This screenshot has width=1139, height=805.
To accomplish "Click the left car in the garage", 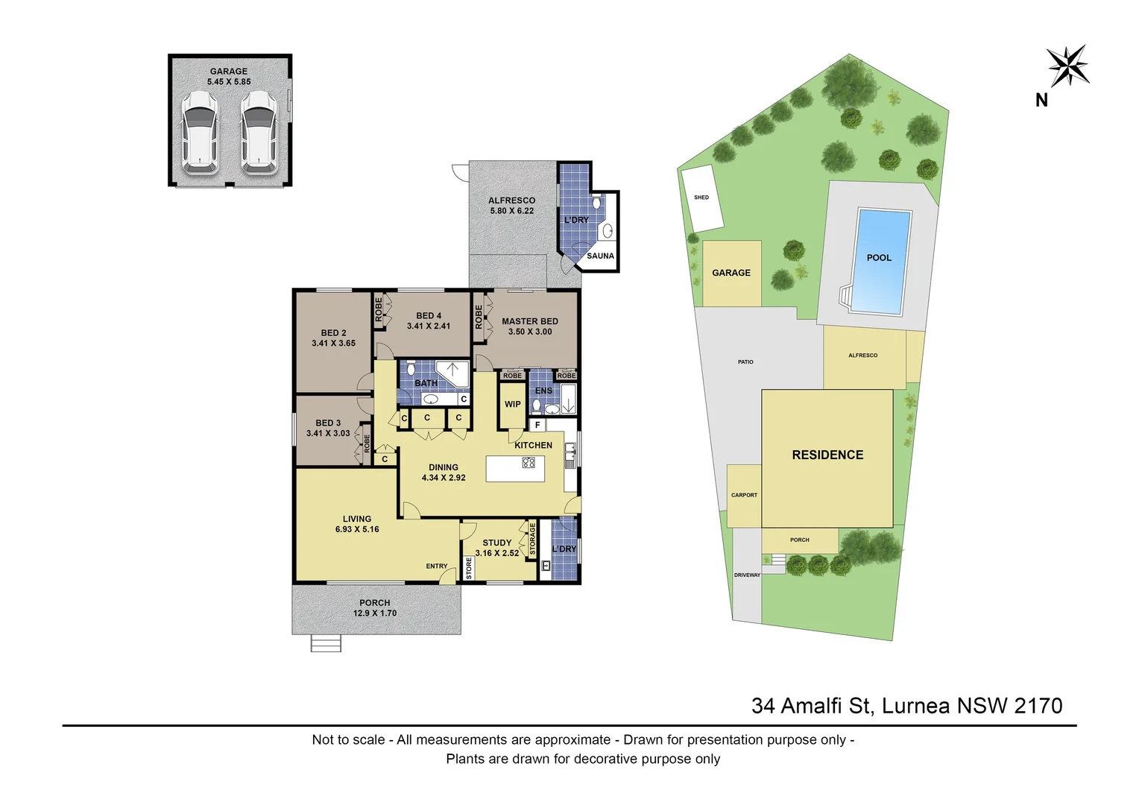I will click(201, 133).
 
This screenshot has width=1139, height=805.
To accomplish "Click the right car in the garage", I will click(258, 133).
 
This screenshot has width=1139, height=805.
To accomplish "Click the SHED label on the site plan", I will click(701, 198).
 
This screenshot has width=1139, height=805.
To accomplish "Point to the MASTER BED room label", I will click(529, 321).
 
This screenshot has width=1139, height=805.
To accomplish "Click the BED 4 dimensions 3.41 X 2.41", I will click(428, 326).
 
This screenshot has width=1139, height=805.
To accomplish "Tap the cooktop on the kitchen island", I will click(529, 463).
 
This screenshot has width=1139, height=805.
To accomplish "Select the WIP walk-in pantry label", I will click(512, 405).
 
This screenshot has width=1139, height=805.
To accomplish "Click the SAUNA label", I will click(600, 256).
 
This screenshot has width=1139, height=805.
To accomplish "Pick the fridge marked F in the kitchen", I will click(537, 426).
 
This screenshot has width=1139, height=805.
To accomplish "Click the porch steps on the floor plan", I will click(326, 643).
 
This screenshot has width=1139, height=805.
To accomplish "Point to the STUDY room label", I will click(496, 543).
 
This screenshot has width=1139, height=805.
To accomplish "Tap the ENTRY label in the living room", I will click(437, 566).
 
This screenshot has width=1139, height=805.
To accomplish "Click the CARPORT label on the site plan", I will click(744, 495).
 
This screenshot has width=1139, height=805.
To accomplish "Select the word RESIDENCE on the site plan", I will click(827, 455).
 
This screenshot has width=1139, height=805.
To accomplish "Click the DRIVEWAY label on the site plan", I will click(747, 575).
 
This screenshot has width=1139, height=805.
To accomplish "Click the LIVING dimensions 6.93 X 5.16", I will click(357, 529).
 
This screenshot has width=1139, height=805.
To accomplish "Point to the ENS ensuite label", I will click(543, 391).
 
